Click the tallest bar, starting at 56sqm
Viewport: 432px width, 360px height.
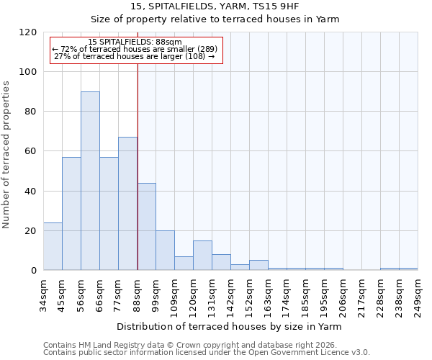click(x=90, y=181)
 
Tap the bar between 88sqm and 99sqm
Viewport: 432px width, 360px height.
click(x=146, y=227)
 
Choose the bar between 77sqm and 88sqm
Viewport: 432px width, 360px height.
click(x=127, y=204)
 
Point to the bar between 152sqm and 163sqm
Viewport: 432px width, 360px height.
click(x=258, y=265)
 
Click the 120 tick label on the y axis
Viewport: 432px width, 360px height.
click(x=29, y=32)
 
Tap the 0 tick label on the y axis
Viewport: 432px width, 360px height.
click(x=34, y=271)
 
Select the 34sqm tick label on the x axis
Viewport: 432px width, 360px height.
click(x=43, y=291)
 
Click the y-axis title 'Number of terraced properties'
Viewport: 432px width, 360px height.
click(x=6, y=155)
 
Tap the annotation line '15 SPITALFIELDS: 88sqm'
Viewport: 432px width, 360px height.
click(x=135, y=42)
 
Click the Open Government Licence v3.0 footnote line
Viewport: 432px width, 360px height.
click(x=207, y=352)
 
